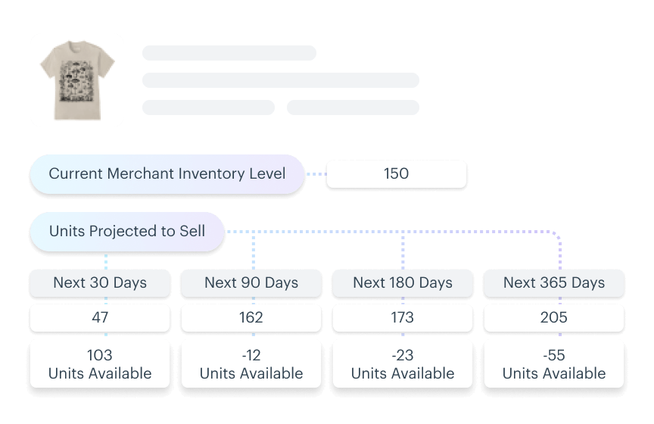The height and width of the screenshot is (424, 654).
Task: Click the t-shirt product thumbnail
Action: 76,80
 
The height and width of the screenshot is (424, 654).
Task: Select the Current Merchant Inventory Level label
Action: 167,174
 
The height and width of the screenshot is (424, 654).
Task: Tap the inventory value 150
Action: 396,174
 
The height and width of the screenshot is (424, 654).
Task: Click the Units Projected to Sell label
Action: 126,231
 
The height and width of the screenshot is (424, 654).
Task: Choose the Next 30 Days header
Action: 100,283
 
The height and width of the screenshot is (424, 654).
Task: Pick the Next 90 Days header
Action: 251,283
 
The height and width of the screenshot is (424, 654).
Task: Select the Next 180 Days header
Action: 403,283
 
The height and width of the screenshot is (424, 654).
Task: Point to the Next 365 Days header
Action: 554,283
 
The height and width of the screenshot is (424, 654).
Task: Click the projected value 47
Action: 100,318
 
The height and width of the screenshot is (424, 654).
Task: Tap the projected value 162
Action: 251,318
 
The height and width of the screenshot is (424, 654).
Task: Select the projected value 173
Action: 403,318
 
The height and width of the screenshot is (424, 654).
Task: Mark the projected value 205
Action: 554,318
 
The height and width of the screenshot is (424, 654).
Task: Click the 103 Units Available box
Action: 100,364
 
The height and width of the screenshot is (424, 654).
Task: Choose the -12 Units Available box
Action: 251,364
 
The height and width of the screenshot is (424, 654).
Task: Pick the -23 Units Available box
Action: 403,364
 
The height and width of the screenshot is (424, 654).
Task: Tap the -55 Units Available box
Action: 554,364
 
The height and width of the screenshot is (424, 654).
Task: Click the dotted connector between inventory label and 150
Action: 316,174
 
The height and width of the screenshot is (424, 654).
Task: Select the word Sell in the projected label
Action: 192,231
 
